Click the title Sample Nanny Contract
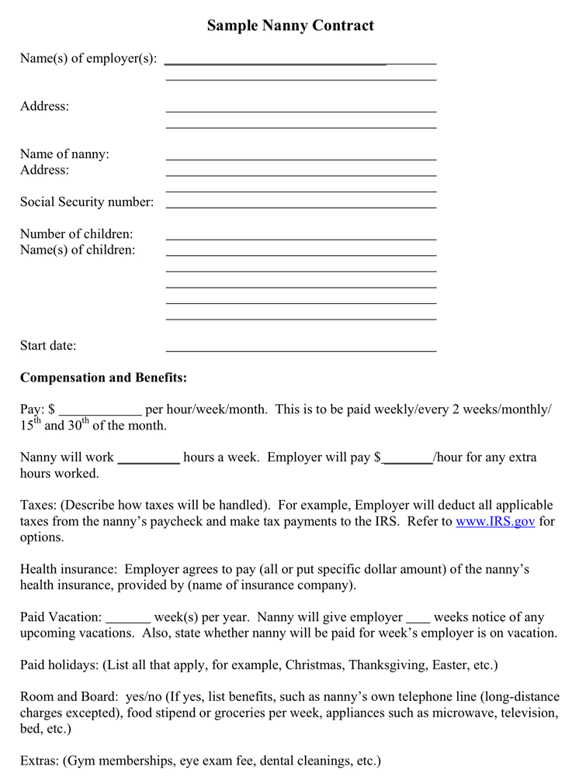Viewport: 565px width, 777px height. pos(290,26)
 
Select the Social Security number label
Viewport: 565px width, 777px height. pos(87,202)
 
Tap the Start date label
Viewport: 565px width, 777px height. pos(48,346)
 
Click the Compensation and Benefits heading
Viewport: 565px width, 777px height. pos(103,378)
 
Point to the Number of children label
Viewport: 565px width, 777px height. pos(76,234)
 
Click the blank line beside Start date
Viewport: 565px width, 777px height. pos(301,349)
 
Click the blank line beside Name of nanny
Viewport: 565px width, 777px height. pos(301,158)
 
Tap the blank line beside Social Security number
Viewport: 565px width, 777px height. pos(301,206)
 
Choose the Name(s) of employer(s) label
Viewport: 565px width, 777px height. pos(88,59)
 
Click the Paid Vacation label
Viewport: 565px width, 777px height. pos(61,617)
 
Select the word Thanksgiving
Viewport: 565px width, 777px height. pos(383,665)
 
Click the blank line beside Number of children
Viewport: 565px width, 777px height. pos(301,238)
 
